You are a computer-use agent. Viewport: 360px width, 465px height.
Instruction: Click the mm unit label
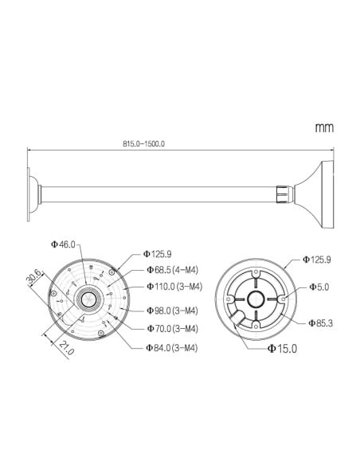[323, 127]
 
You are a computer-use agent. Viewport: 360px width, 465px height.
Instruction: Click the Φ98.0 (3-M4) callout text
[172, 311]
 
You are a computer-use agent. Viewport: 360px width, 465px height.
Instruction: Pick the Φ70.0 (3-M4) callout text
[172, 328]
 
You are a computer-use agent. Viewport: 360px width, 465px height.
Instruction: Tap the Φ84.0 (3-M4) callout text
[172, 348]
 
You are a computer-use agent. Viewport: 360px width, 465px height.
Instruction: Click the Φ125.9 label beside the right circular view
[316, 260]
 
